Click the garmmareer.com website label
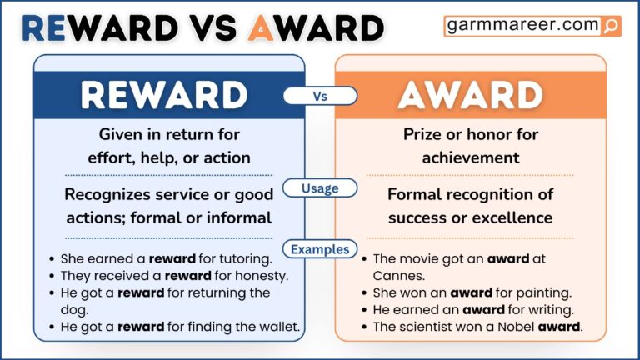[x=523, y=26]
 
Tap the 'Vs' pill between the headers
[x=320, y=96]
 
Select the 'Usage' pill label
[x=320, y=188]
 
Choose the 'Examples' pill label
[x=320, y=248]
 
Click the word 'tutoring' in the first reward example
[x=242, y=258]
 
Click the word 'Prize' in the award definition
[x=425, y=134]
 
